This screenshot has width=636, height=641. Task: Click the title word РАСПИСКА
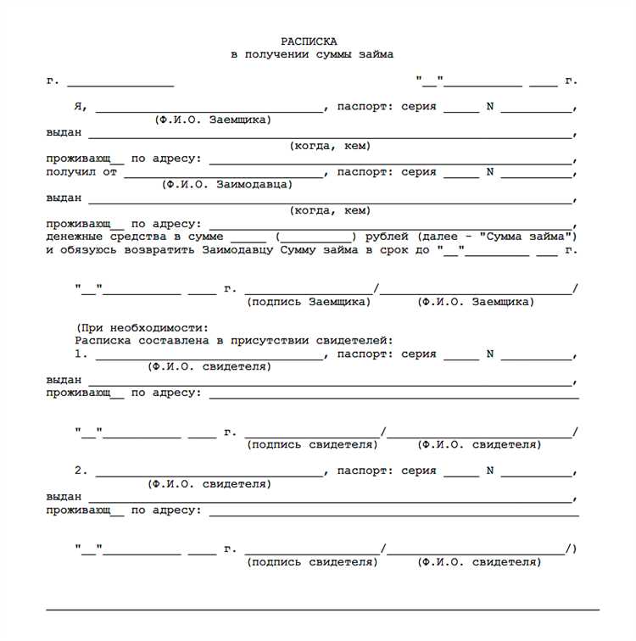point(309,41)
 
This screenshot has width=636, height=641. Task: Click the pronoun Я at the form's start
point(79,107)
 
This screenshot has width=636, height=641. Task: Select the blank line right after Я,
point(209,109)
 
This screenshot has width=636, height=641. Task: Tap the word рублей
point(388,236)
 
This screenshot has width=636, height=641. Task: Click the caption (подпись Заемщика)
point(309,302)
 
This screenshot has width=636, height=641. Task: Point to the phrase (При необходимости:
point(142,327)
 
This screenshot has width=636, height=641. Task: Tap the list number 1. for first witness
point(81,354)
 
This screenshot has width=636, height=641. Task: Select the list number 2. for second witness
point(81,471)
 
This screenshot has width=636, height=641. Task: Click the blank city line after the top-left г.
point(120,85)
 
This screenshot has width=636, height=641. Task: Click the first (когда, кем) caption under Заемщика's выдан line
point(330,146)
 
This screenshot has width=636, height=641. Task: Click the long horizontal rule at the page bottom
point(322,609)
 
